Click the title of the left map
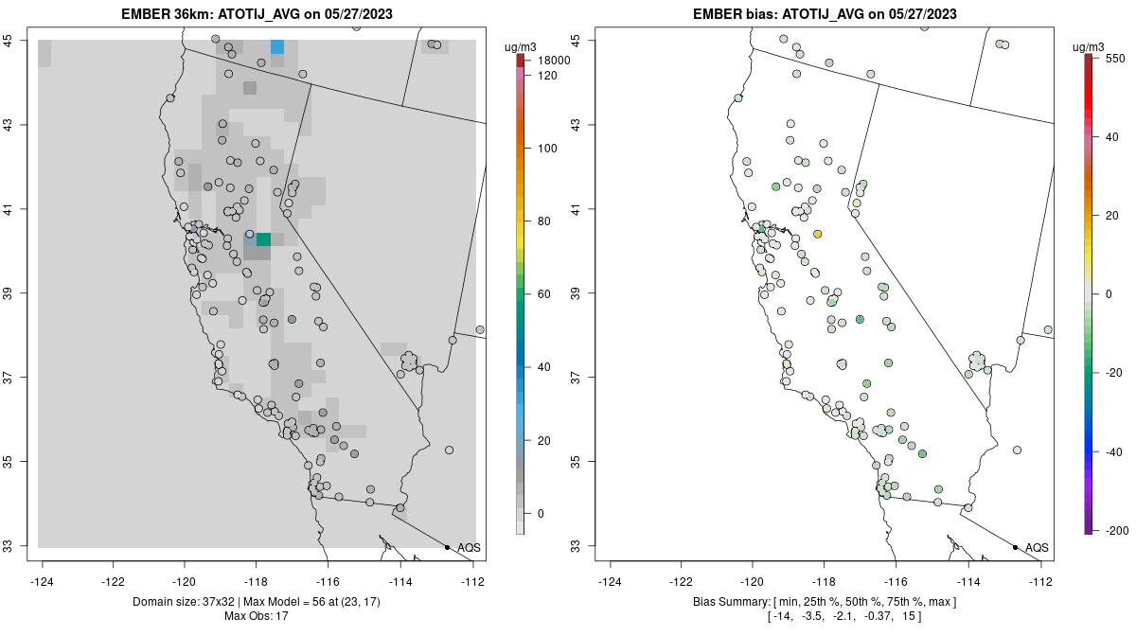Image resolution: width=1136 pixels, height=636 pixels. (x=257, y=14)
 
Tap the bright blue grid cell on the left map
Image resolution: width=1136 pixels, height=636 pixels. (x=277, y=46)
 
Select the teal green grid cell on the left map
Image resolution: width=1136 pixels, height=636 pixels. (x=263, y=239)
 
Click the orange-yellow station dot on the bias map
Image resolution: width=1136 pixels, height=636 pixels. (x=818, y=234)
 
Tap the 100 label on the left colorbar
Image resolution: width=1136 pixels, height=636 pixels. (x=547, y=149)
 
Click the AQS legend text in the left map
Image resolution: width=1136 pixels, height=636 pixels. (x=469, y=548)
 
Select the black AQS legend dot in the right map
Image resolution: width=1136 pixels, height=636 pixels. (x=1015, y=547)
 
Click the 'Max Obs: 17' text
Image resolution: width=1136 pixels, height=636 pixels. (x=256, y=616)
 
